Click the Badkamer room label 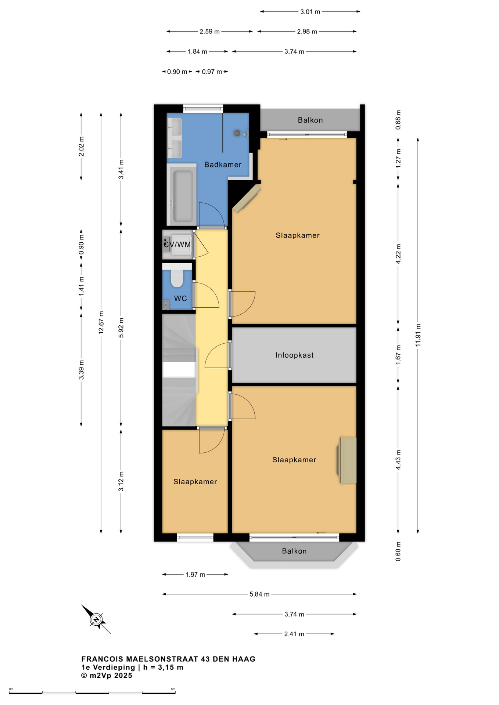click(x=223, y=164)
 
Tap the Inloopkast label click(x=294, y=355)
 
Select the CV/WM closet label click(x=177, y=245)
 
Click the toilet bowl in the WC click(x=177, y=279)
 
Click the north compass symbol click(x=96, y=619)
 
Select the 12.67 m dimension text click(x=101, y=322)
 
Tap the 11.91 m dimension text click(x=418, y=335)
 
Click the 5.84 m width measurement click(x=259, y=594)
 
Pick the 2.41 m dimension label click(x=294, y=634)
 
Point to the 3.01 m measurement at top click(x=310, y=12)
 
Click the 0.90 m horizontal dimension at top click(x=177, y=72)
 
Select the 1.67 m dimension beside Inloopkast click(x=398, y=355)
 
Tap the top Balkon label click(x=310, y=120)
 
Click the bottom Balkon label click(x=294, y=551)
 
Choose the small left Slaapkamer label click(x=195, y=482)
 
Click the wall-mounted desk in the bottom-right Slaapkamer click(x=347, y=460)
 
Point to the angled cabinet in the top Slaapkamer click(x=247, y=198)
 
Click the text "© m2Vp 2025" click(x=107, y=675)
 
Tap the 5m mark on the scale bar click(x=173, y=689)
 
